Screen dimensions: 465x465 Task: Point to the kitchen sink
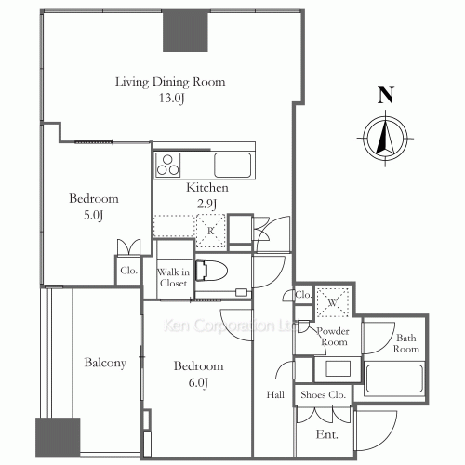[232, 166]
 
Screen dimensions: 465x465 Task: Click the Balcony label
[103, 363]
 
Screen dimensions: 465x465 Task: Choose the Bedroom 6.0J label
[200, 374]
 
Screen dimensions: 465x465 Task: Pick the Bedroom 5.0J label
[94, 206]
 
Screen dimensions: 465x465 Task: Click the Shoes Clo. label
[322, 394]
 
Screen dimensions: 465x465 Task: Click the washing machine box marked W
[331, 304]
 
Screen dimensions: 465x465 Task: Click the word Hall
[276, 394]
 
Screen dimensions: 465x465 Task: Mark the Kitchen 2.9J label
[206, 195]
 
